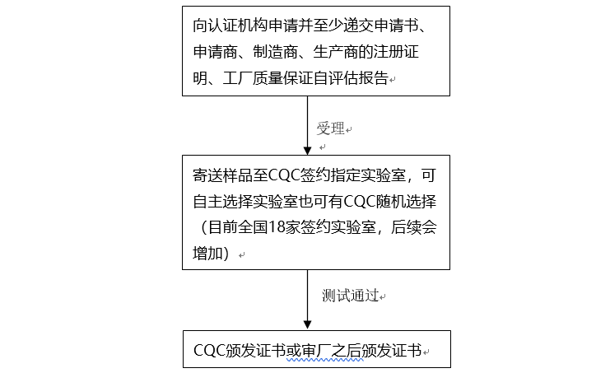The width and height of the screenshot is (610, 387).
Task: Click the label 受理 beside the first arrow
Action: tap(330, 129)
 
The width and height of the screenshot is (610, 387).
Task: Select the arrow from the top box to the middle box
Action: tap(307, 124)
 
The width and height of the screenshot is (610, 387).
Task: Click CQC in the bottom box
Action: tap(208, 351)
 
